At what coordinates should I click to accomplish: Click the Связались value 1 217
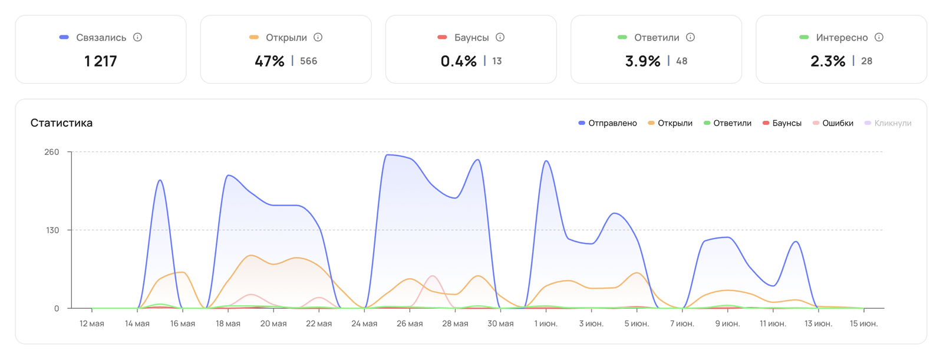click(101, 61)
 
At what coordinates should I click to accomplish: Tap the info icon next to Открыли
click(318, 38)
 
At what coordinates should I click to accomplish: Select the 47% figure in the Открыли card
click(269, 61)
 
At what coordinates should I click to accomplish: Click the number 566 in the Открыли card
click(309, 61)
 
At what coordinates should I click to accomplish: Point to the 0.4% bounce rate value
click(459, 61)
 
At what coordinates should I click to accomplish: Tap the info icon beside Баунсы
click(500, 38)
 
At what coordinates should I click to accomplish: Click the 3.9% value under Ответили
click(642, 61)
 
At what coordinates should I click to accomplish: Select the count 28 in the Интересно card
click(866, 61)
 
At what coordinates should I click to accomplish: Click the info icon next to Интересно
click(879, 38)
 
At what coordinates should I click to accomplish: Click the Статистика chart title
click(61, 123)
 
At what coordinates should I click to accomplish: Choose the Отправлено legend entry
click(608, 123)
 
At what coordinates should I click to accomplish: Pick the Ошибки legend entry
click(833, 123)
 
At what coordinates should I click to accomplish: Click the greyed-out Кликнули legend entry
click(888, 123)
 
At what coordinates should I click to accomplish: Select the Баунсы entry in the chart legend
click(782, 123)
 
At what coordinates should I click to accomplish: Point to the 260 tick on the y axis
click(52, 152)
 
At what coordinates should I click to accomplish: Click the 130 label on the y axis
click(52, 230)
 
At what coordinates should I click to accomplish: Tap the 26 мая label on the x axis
click(410, 324)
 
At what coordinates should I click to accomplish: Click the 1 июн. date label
click(546, 324)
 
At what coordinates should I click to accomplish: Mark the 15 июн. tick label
click(864, 324)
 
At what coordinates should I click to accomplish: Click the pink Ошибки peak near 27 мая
click(433, 276)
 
